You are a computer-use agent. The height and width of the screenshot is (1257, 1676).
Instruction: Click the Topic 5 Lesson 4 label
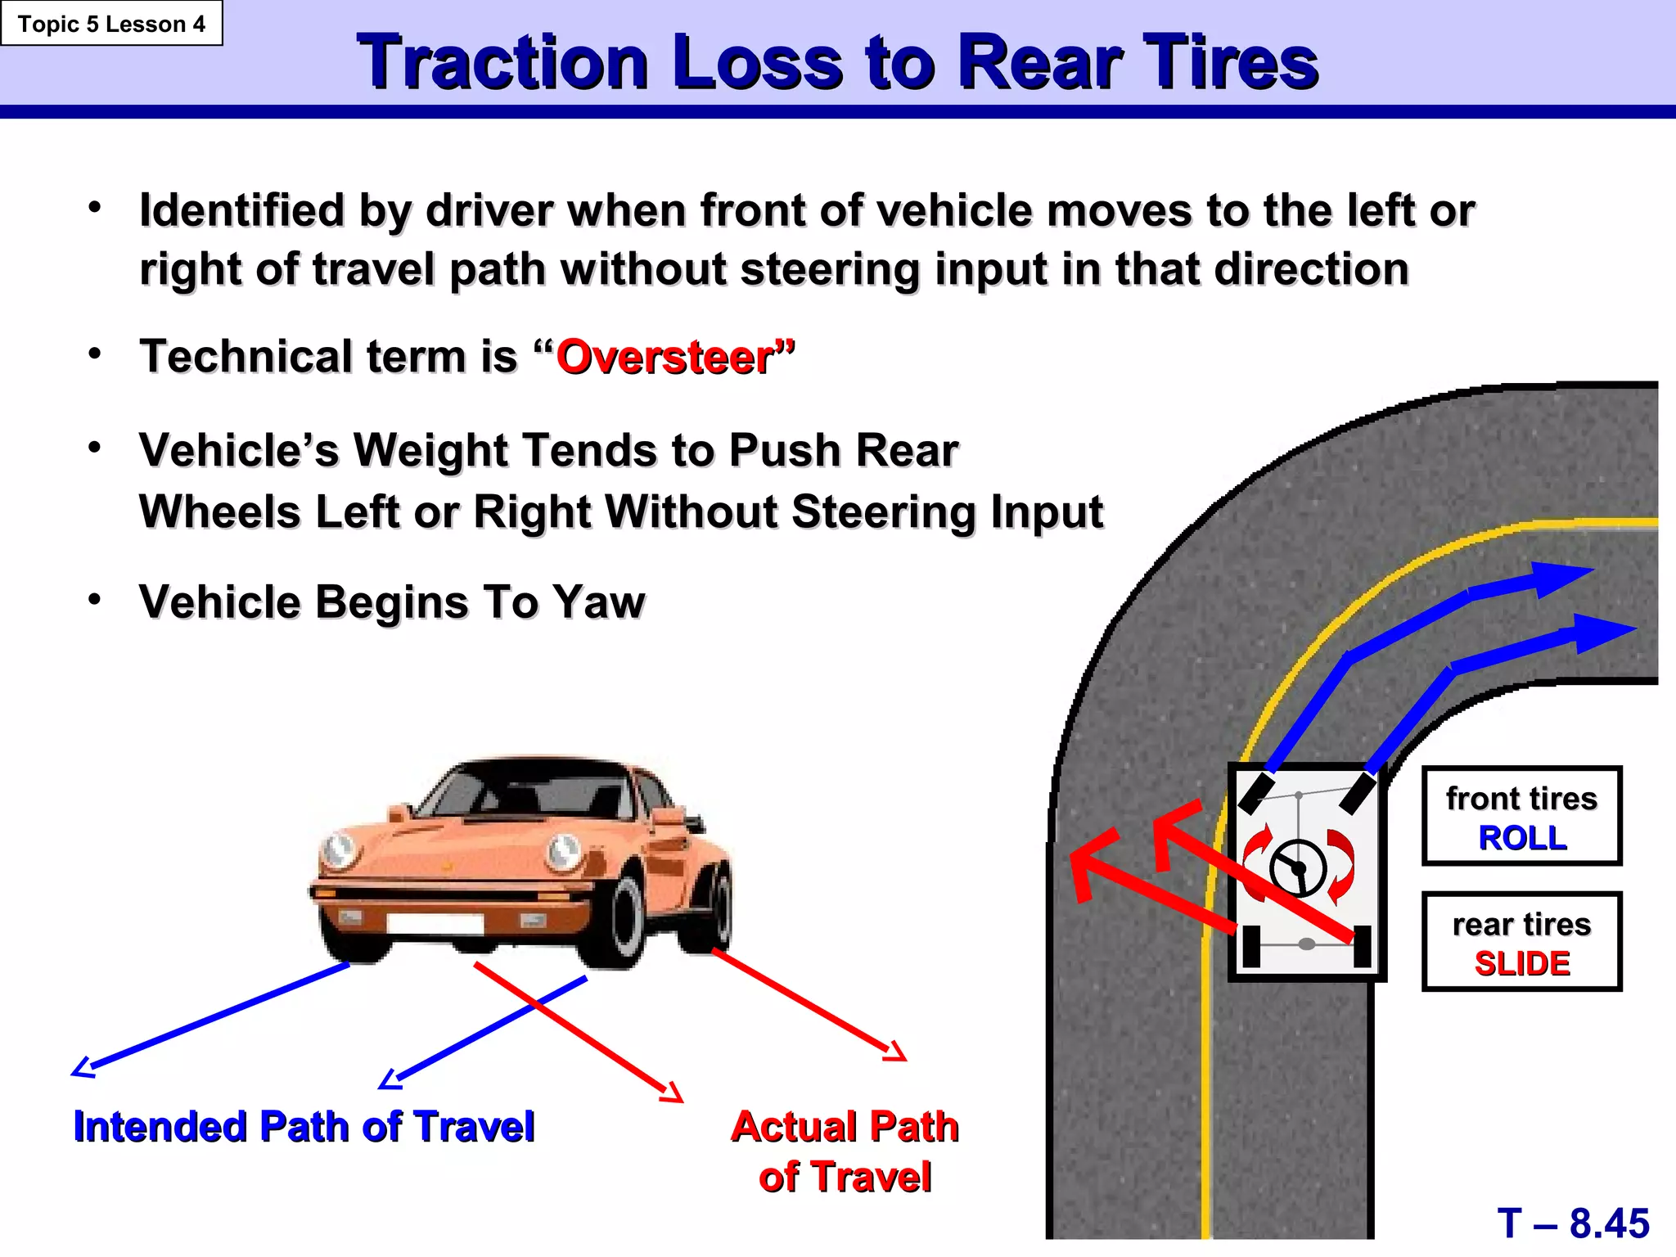111,24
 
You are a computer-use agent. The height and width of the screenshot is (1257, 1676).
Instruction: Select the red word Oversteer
665,358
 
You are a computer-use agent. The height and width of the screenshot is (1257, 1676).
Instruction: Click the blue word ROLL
1522,838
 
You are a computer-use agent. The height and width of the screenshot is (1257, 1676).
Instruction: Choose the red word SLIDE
1522,963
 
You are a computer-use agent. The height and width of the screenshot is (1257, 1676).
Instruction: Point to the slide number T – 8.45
1573,1223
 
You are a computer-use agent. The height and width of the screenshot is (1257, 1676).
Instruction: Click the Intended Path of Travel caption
304,1126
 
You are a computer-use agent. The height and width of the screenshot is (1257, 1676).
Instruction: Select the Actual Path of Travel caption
845,1151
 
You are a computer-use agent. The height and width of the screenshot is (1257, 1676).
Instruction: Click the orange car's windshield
524,790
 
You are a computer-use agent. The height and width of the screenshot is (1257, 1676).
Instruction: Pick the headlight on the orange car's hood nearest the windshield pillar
564,851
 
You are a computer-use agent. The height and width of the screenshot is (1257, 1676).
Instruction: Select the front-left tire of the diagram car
1256,792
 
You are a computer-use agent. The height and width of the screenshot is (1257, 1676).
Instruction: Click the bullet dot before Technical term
95,354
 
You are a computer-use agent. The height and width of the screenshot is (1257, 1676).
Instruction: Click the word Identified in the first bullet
241,210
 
